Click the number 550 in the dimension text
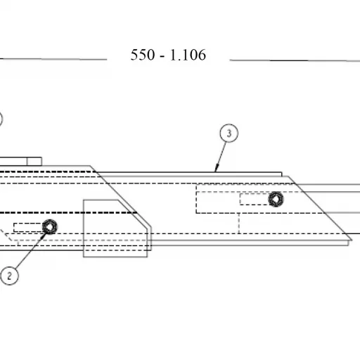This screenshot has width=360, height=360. (x=143, y=55)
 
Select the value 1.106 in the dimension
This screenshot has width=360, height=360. (x=188, y=55)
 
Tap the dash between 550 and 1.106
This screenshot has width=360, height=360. (x=162, y=56)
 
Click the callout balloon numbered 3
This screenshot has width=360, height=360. (x=229, y=133)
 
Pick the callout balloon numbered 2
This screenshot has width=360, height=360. (x=10, y=276)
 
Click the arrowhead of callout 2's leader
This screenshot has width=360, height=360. (x=44, y=235)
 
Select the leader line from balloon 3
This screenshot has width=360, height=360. (x=221, y=157)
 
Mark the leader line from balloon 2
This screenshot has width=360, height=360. (x=30, y=251)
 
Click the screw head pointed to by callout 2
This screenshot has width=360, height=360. (x=50, y=226)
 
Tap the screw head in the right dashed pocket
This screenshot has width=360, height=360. (x=276, y=199)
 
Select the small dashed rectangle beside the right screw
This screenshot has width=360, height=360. (x=255, y=199)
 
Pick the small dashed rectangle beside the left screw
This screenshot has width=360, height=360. (x=28, y=227)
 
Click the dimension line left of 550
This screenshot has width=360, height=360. (x=53, y=59)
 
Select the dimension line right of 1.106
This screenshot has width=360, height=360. (x=295, y=60)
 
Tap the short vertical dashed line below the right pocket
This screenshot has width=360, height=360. (x=239, y=224)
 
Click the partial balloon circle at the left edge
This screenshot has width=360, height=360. (x=1, y=119)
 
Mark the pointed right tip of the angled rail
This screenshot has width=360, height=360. (x=352, y=240)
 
